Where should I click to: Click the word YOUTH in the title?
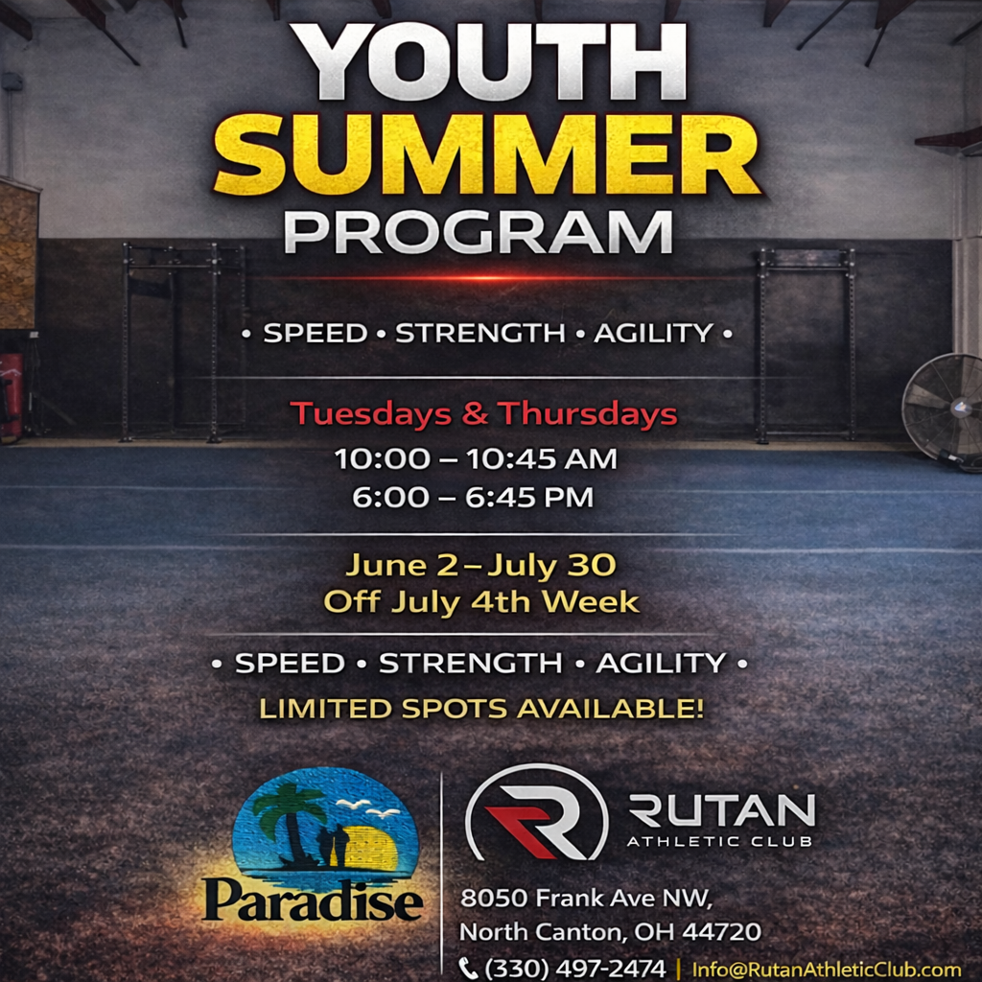coord(490,61)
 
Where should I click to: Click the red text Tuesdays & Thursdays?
coord(483,414)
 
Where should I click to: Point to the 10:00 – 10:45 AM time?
coord(476,458)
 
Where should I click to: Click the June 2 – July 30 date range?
coord(480,565)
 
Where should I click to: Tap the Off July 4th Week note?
coord(480,602)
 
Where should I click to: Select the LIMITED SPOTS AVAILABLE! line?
coord(481,710)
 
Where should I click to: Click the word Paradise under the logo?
coord(313,900)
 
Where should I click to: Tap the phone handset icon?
coord(469,969)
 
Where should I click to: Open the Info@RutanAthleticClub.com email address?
coord(826,970)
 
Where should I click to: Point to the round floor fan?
coord(944,408)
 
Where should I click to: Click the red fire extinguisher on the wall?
coord(10,393)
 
